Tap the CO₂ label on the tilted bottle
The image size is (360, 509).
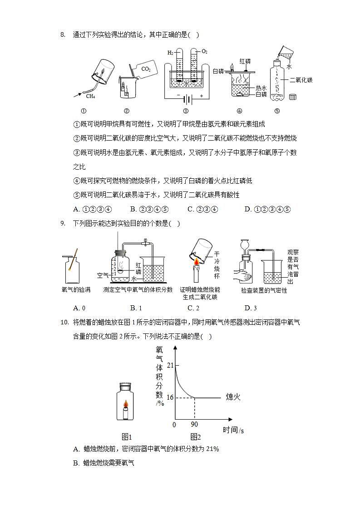click(x=146, y=69)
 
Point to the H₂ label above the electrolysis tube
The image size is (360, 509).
click(x=169, y=53)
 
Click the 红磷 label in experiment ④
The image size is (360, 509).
click(x=245, y=61)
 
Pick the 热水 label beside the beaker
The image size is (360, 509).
click(x=261, y=88)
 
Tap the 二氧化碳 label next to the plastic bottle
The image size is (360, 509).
click(x=301, y=80)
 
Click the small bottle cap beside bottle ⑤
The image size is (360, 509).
click(x=293, y=97)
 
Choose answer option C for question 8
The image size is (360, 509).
click(x=202, y=209)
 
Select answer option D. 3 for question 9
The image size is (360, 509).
click(x=251, y=308)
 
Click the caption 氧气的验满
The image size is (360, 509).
click(x=76, y=290)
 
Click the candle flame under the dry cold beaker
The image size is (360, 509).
click(x=197, y=261)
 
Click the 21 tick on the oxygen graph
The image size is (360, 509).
click(x=170, y=365)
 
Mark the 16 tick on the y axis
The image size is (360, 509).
click(x=170, y=397)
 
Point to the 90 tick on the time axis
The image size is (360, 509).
click(x=194, y=425)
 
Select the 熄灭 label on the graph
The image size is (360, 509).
click(x=233, y=397)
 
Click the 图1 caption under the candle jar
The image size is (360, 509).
click(x=127, y=437)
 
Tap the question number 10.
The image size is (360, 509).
click(x=64, y=323)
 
